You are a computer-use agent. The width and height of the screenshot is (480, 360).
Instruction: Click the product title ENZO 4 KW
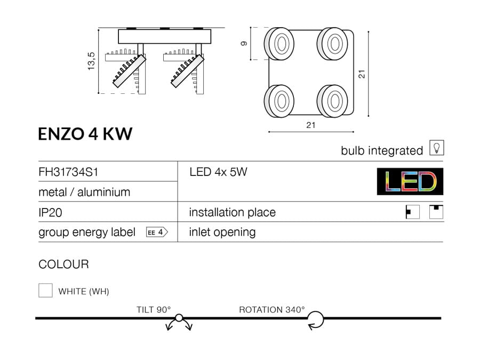tap(85, 133)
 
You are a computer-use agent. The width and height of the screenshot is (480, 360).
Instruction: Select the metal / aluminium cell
tap(84, 192)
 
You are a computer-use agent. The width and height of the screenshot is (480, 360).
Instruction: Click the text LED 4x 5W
tap(219, 172)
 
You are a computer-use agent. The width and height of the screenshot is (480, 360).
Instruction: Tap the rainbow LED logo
tap(410, 182)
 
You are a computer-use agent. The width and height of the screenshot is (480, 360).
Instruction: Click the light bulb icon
tap(436, 148)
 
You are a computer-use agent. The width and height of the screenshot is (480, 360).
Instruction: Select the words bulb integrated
tap(382, 151)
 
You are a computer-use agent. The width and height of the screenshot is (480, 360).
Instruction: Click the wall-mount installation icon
tap(413, 212)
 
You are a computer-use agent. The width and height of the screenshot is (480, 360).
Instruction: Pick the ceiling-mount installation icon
tap(437, 212)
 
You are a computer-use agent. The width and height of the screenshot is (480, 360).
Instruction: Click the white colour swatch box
tap(45, 290)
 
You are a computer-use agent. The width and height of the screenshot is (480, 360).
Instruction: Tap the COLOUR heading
tap(63, 264)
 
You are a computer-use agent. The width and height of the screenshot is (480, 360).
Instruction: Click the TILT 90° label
tap(154, 310)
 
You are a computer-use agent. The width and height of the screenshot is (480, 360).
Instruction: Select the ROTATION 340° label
tap(272, 310)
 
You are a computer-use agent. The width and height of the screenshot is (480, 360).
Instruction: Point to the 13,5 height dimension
tap(91, 61)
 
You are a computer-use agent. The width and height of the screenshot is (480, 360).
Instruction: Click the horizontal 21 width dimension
tap(311, 125)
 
